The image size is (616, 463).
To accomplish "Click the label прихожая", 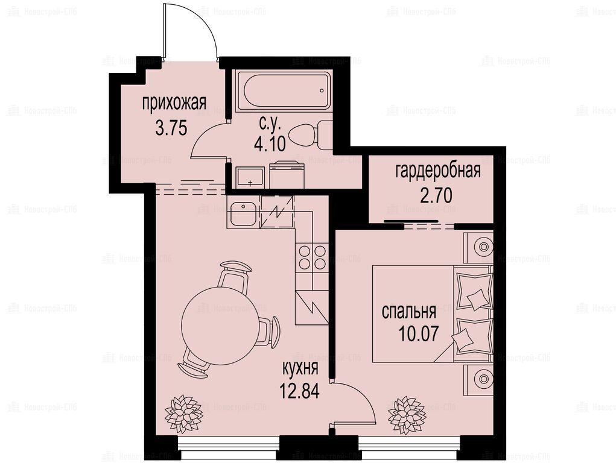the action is (174, 104).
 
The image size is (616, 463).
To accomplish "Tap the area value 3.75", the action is (171, 128).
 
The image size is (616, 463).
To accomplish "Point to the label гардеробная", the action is (438, 171).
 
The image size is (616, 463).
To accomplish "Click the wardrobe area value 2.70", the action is (436, 195).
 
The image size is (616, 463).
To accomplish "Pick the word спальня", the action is (409, 312).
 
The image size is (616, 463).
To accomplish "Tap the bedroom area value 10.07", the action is (418, 334).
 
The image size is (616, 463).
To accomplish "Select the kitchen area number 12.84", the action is (299, 391).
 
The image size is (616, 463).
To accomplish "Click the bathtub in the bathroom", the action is (282, 91).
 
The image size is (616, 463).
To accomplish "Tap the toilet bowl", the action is (310, 135).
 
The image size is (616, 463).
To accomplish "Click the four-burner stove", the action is (313, 257).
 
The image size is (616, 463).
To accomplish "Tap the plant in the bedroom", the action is (407, 415).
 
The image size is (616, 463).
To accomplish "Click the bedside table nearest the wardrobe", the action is (478, 247).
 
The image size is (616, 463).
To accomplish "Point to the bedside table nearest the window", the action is (478, 380).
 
